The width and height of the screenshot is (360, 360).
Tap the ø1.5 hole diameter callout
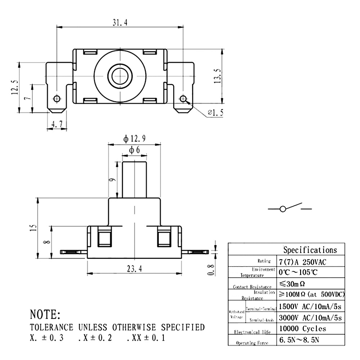coord(215,113)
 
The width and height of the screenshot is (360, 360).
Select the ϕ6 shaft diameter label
coord(135,149)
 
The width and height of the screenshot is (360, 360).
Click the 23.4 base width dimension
coord(134,269)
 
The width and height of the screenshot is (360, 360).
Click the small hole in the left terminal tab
coord(57,99)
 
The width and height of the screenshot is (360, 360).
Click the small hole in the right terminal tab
coord(183,99)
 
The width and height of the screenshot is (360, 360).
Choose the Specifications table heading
coord(310,250)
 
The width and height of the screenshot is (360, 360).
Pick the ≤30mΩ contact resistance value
coord(293,284)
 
